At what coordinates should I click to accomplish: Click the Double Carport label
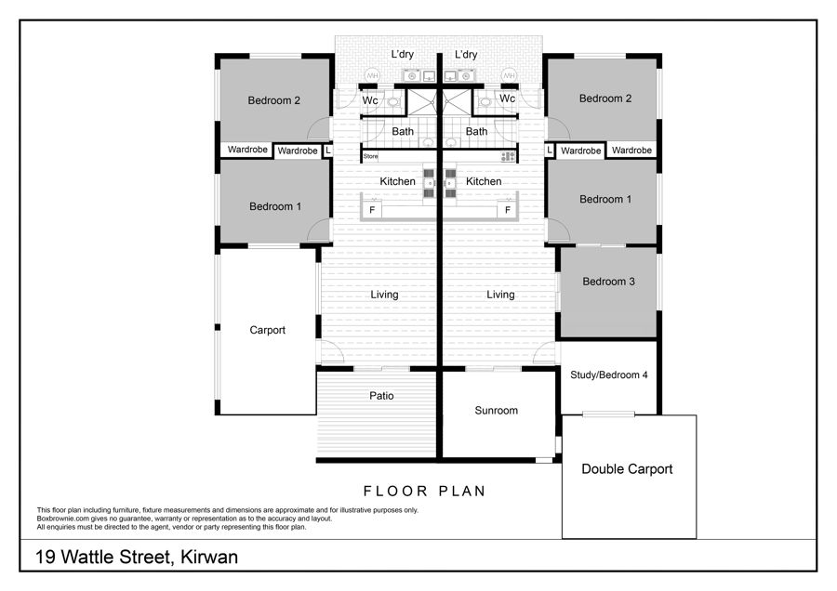tap(627, 469)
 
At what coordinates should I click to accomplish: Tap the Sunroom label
tap(496, 410)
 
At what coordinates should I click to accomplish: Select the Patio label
tap(381, 396)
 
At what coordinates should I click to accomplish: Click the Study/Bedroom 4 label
tap(608, 375)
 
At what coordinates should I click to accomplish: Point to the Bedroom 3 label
tap(608, 282)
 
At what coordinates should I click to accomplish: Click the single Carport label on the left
tap(268, 330)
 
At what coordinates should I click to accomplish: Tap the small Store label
tap(370, 156)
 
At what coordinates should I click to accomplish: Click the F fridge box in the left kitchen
tap(372, 210)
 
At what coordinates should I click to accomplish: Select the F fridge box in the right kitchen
tap(507, 210)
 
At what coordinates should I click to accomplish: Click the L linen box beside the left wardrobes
tap(328, 151)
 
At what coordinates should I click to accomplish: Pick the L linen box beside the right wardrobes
tap(550, 151)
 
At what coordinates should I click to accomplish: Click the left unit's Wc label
tap(370, 100)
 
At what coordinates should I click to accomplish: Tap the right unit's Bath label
tap(476, 131)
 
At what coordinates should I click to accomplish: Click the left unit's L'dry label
tap(402, 54)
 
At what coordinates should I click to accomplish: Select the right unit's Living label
tap(500, 295)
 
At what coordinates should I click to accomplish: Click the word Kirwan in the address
tap(209, 557)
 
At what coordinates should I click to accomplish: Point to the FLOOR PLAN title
tap(424, 491)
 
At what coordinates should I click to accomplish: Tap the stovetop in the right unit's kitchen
tap(508, 156)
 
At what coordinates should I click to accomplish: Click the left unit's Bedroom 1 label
tap(275, 206)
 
